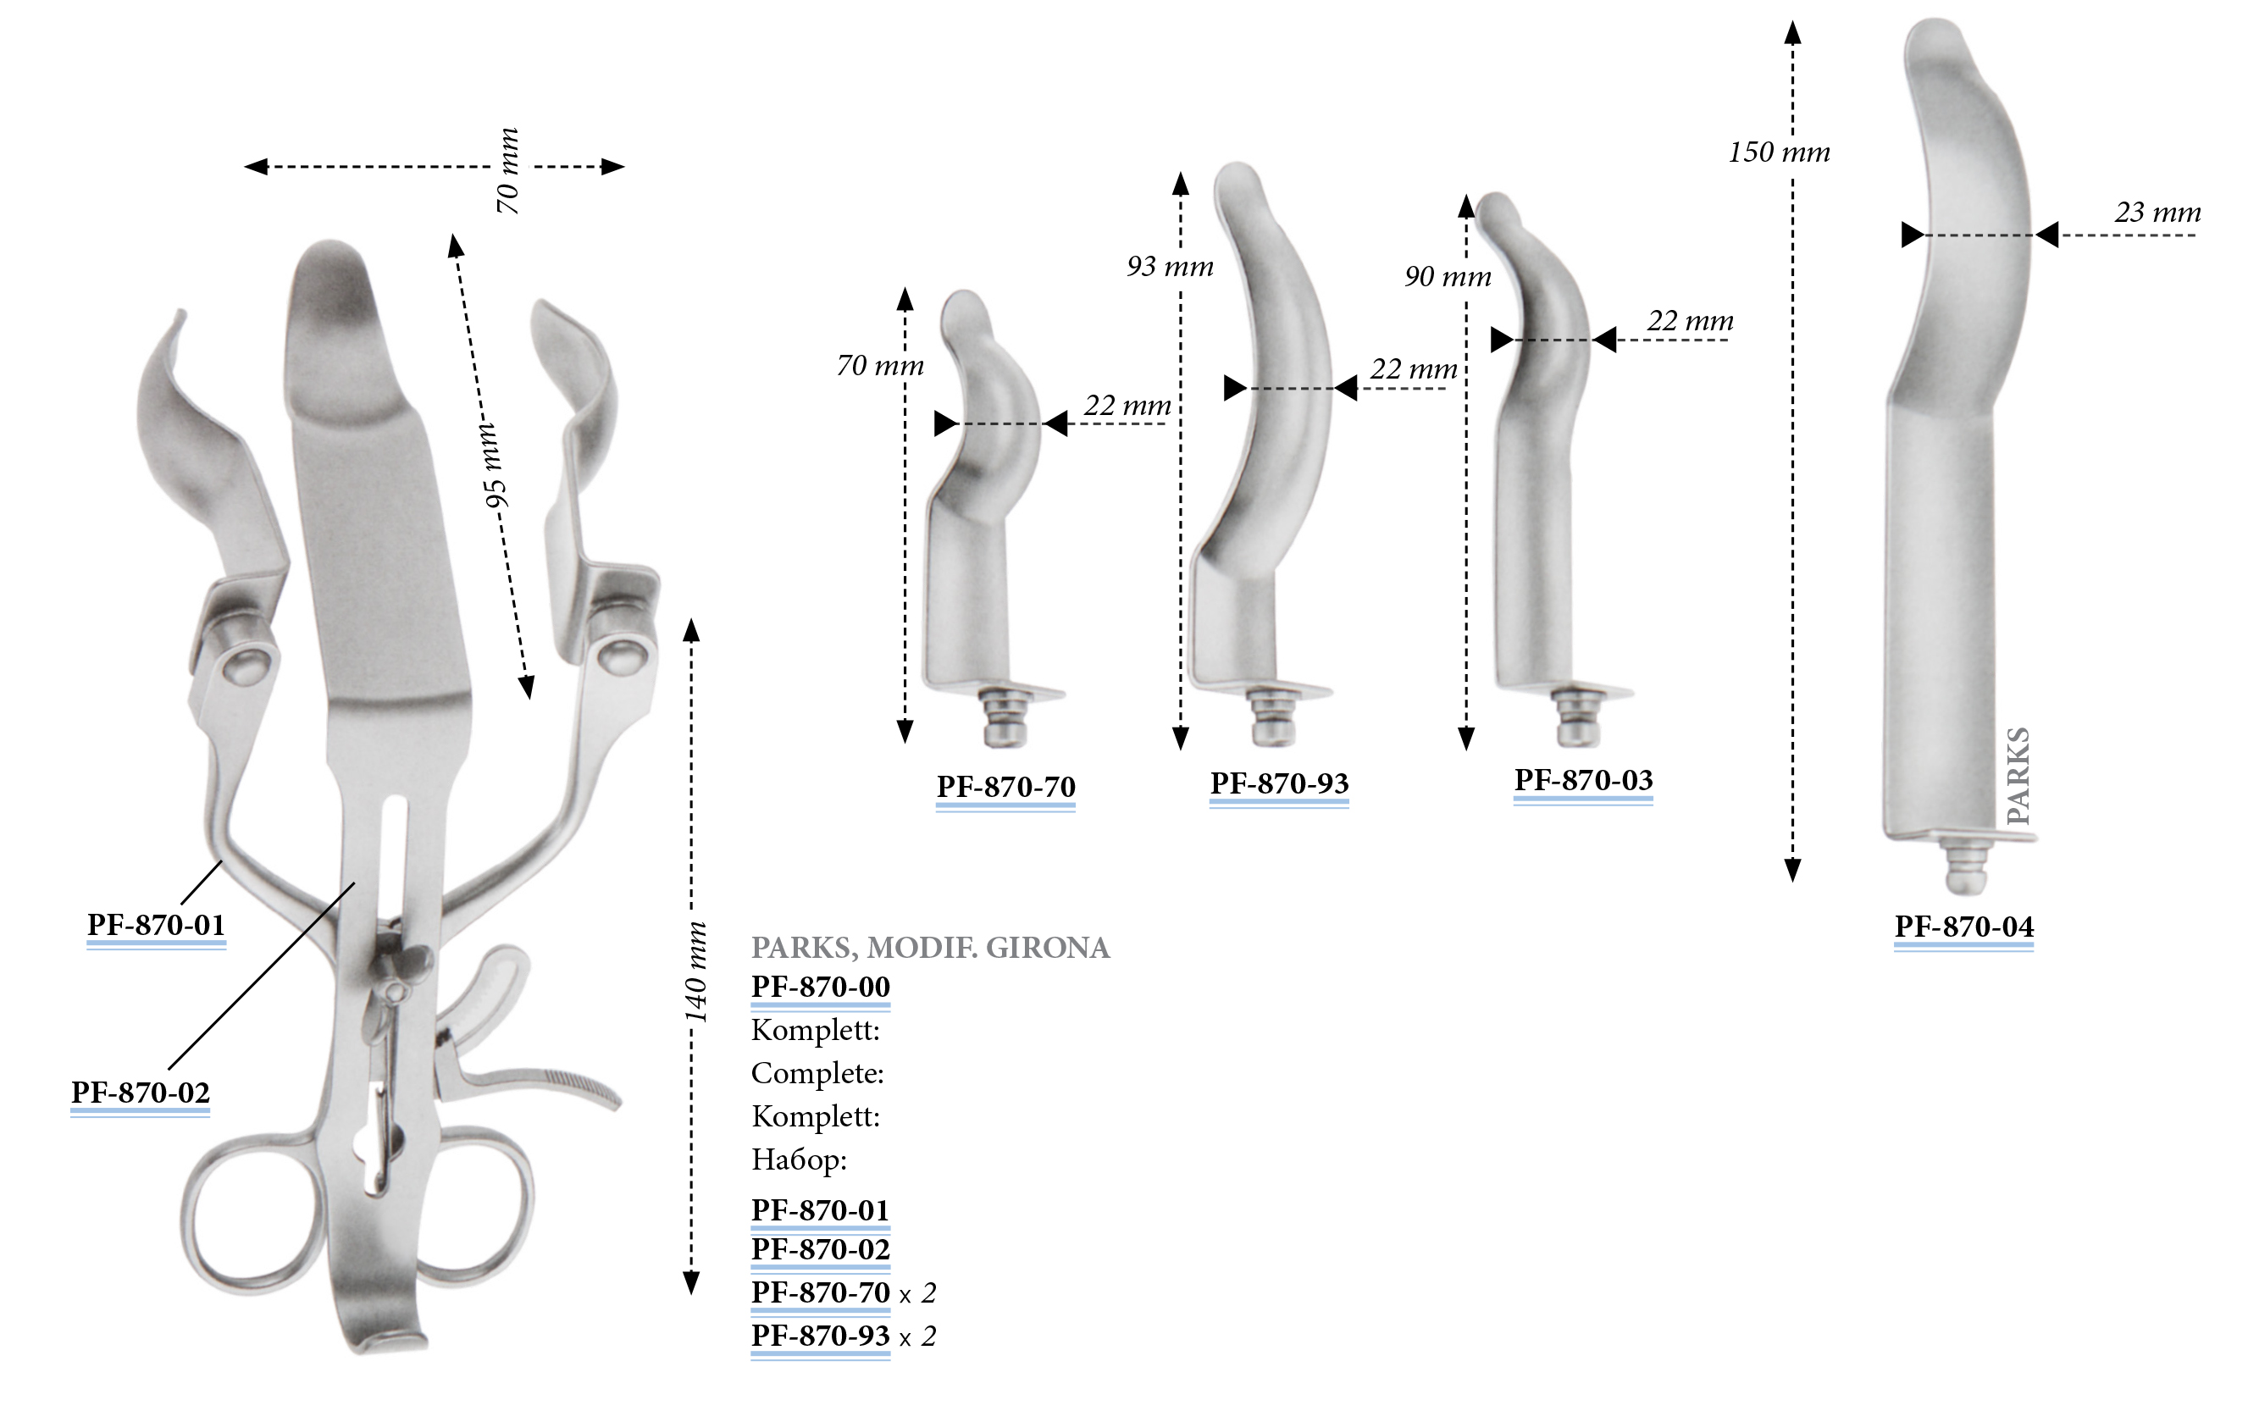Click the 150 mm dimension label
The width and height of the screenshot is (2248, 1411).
tap(1778, 152)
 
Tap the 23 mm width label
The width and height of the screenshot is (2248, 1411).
tap(2157, 213)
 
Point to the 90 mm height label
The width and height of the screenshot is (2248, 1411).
tap(1448, 277)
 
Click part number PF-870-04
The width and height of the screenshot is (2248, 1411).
tap(1963, 927)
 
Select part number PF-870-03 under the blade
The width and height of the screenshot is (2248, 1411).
tap(1582, 780)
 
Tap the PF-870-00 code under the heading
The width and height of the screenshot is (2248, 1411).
tap(820, 987)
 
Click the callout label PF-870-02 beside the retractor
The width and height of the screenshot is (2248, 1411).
tap(140, 1093)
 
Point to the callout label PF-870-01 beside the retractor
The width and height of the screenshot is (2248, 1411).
tap(156, 925)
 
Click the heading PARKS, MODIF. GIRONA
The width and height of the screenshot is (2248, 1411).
tap(930, 948)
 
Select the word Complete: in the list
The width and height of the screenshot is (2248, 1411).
tap(817, 1073)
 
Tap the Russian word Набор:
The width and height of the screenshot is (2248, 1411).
tap(799, 1160)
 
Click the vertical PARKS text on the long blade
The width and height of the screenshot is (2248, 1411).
tap(2017, 776)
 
